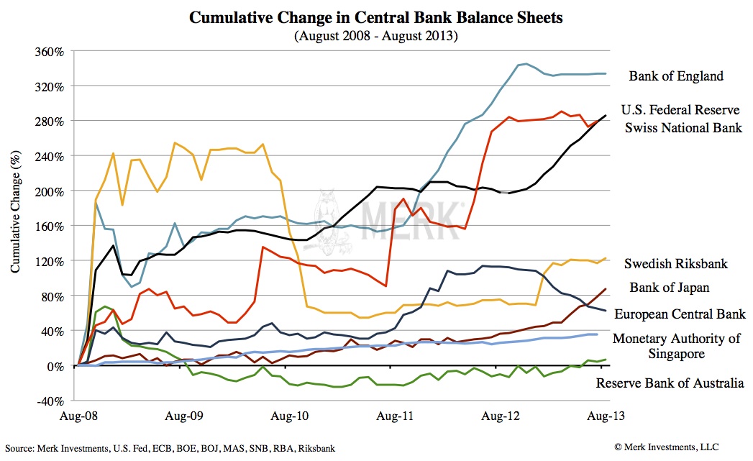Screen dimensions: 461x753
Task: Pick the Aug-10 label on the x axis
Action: tap(285, 416)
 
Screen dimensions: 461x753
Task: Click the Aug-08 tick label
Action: tap(78, 416)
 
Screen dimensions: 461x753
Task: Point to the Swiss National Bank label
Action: tap(683, 128)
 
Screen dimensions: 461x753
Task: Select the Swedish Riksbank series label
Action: tap(676, 263)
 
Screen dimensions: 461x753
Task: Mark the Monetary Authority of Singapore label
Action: tap(676, 346)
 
